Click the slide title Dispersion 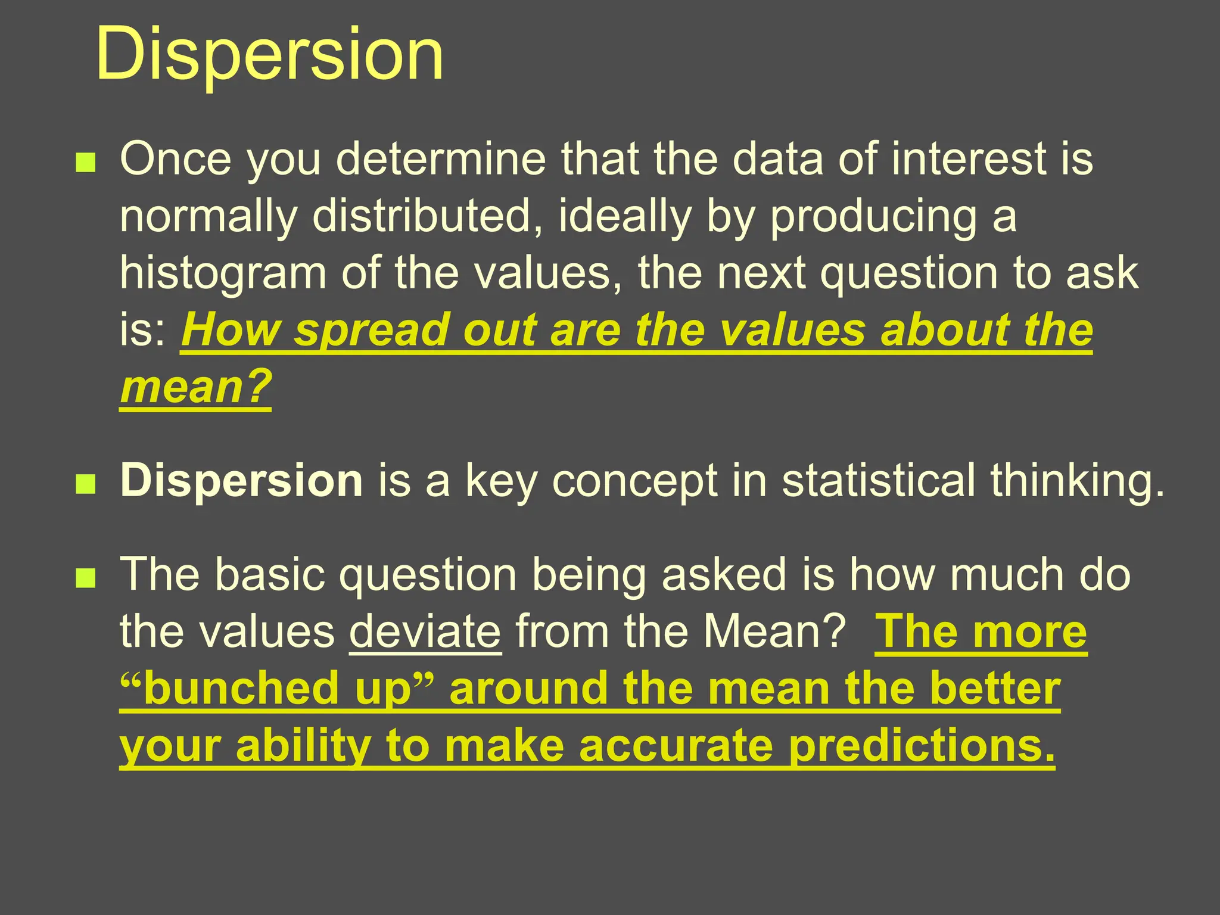point(269,55)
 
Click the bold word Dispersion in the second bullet point(241,480)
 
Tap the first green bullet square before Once point(86,163)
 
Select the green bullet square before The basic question point(86,578)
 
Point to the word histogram point(223,274)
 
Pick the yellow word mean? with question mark point(196,387)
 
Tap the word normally point(208,217)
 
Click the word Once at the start point(176,160)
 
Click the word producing point(873,217)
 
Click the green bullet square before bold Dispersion point(86,484)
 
